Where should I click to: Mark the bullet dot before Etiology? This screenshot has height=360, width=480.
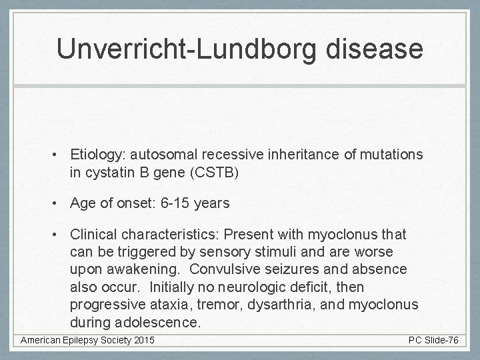pyautogui.click(x=59, y=155)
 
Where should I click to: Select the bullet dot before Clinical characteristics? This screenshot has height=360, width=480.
pyautogui.click(x=59, y=235)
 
